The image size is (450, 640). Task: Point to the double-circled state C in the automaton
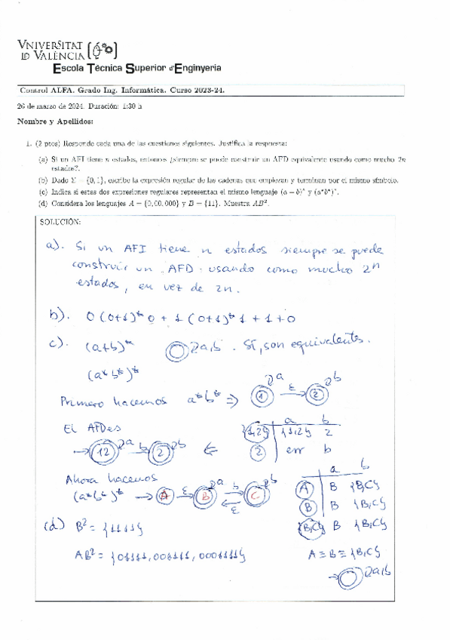tap(253, 497)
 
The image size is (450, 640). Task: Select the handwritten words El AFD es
tap(84, 428)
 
